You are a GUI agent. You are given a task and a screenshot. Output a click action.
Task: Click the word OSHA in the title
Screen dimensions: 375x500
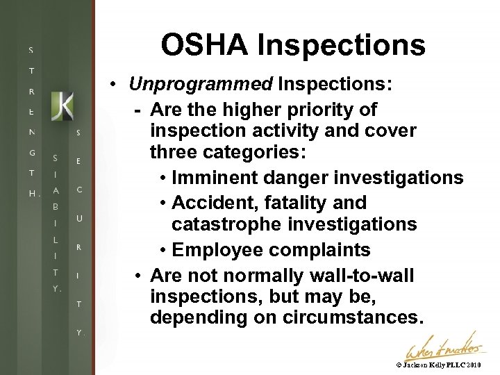pos(204,45)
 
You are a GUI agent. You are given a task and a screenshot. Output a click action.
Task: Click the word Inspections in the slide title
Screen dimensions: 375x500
pos(341,45)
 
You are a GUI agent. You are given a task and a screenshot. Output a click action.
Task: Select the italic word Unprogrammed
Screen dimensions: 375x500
pos(201,85)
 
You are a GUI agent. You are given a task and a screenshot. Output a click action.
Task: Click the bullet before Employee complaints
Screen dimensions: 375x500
pos(162,251)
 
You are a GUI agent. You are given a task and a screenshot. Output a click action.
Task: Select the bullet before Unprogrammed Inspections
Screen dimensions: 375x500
pos(119,85)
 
